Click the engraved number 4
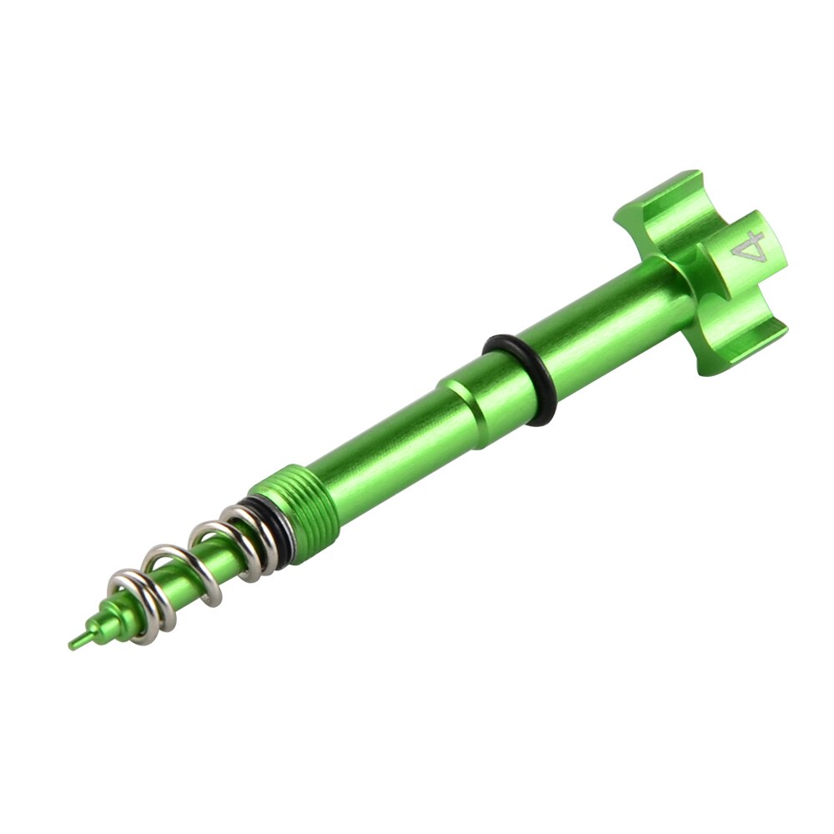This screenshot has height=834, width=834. pos(749,248)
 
